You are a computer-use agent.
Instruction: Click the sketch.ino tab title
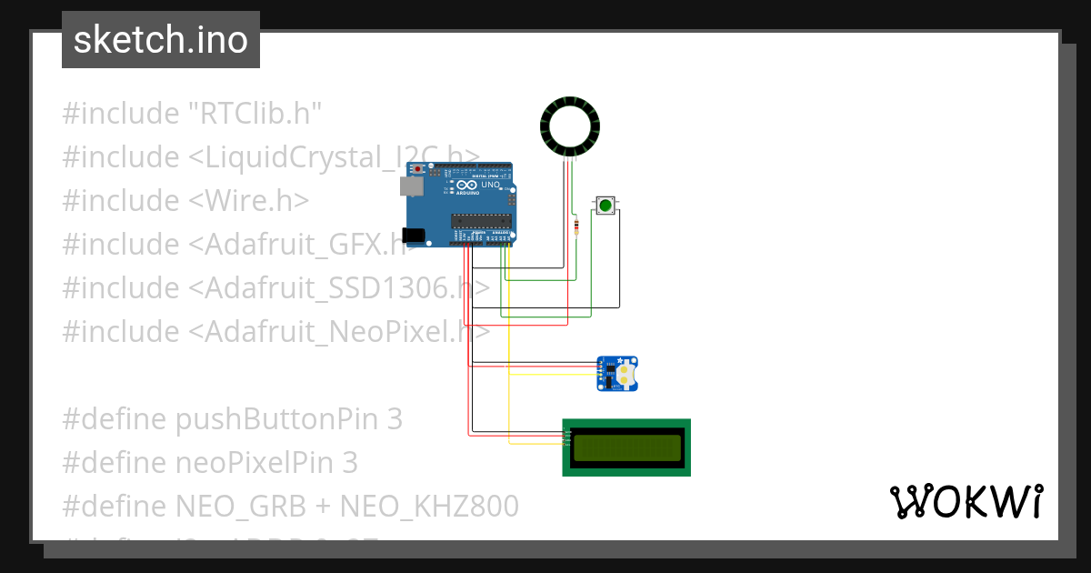pos(161,40)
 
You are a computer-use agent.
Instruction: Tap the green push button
pos(606,206)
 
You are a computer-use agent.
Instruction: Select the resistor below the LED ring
pos(576,226)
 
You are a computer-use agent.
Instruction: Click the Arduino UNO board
pos(464,205)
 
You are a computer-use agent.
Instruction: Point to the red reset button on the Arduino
pos(418,169)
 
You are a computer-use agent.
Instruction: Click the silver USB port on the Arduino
pos(410,186)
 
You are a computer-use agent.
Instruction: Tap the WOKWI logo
pos(966,501)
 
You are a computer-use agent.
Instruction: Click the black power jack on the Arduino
pos(414,236)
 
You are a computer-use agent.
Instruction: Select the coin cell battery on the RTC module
pos(626,373)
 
